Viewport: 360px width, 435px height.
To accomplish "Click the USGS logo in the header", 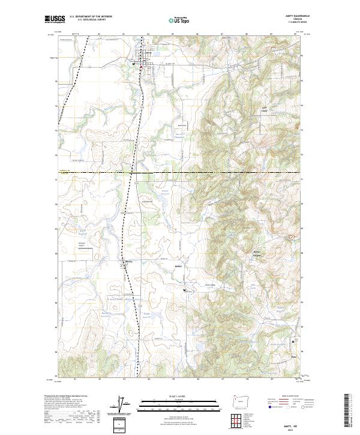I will click(54, 20).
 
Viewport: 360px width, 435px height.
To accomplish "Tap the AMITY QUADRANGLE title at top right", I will click(292, 16).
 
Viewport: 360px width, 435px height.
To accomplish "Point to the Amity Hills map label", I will click(263, 110).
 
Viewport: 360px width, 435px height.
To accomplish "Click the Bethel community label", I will click(178, 265).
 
